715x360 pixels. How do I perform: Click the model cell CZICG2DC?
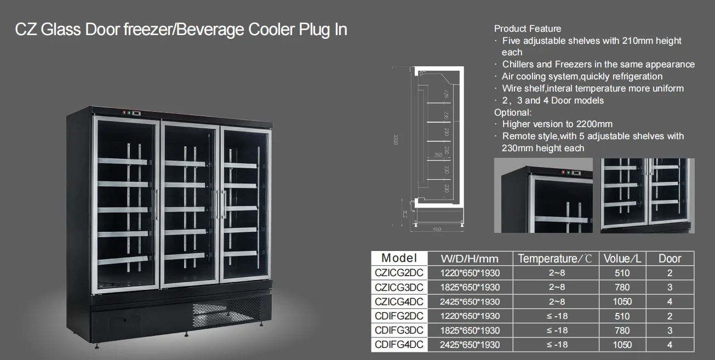pos(399,273)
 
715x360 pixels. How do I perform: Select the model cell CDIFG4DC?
pos(399,345)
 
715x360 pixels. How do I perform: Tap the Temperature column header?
pos(554,259)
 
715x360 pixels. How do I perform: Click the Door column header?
pos(670,259)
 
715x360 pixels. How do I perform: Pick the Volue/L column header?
pos(622,259)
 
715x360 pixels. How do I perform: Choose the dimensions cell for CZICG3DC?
pos(470,287)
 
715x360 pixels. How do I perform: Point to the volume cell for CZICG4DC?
pos(622,302)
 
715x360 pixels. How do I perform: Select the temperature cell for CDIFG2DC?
pos(556,316)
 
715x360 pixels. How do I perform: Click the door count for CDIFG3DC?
pos(670,330)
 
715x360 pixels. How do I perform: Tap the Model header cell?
pos(399,258)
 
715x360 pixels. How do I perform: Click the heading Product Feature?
pos(527,28)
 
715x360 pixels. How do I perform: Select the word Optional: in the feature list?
pos(513,112)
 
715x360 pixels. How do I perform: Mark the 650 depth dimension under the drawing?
pos(437,229)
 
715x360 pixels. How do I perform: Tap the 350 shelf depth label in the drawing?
pos(438,155)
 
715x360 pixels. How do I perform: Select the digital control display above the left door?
pos(136,112)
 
